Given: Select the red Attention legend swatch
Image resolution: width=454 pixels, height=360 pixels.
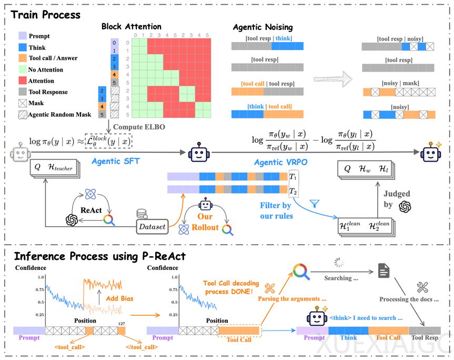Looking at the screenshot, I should coord(22,81).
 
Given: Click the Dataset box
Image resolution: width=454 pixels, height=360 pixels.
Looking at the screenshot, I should coord(152,226).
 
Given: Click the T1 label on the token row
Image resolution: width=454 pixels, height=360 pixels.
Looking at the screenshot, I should coord(294,177).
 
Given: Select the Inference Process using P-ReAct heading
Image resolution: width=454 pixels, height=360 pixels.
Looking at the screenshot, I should coord(100,257).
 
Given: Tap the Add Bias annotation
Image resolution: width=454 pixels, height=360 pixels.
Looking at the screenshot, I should coord(121,298).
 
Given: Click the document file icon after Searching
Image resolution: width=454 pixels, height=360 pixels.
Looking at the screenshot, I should coord(384,271).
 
